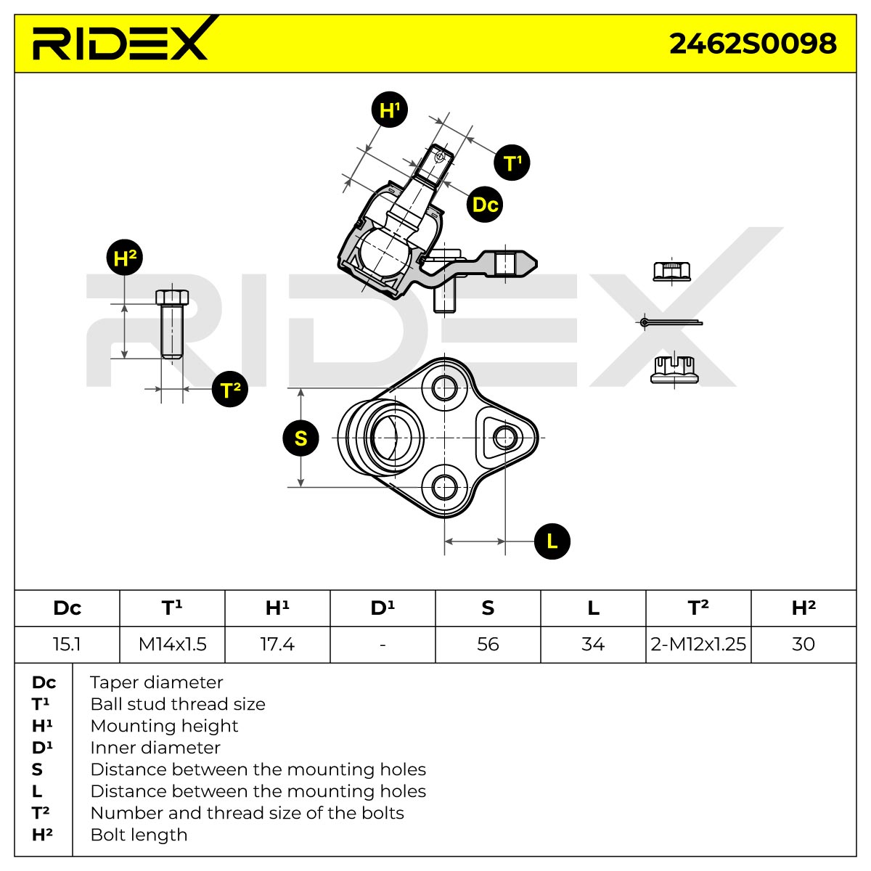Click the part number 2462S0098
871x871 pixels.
753,44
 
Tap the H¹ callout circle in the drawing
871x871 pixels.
389,110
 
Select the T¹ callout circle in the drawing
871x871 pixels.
512,163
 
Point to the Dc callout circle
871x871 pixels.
485,204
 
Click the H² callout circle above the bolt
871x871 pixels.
125,258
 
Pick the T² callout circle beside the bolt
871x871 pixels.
229,389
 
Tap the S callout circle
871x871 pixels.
300,438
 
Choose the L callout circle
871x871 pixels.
552,541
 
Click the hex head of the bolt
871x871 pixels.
172,297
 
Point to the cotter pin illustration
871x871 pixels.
671,322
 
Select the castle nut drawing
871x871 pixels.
674,369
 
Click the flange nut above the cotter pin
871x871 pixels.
671,271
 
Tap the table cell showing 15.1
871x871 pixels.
67,644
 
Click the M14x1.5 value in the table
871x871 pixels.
172,644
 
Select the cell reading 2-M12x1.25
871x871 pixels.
698,644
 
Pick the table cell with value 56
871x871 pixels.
488,644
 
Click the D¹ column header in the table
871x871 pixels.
383,608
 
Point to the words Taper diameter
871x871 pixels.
156,682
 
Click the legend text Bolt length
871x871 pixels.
139,835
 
